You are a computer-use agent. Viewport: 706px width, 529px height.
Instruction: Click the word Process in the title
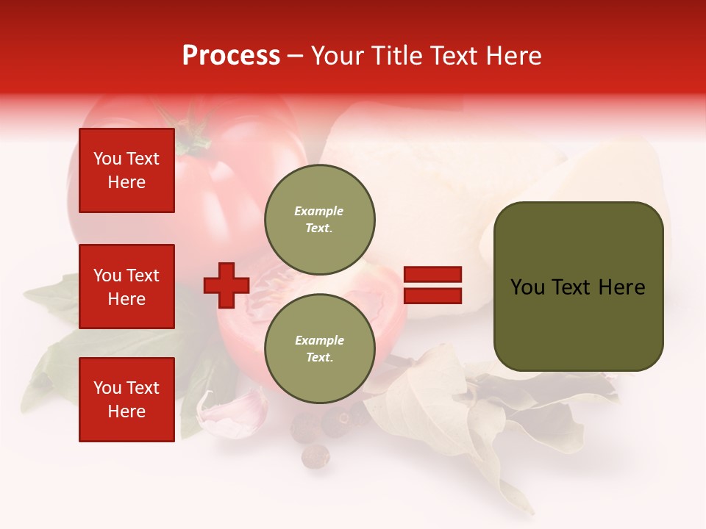coord(231,56)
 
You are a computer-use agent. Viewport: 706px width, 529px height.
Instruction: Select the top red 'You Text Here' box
coord(126,170)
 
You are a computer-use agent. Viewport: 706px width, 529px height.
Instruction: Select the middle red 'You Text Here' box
coord(126,287)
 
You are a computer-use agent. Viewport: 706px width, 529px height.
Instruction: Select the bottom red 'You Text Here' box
coord(126,400)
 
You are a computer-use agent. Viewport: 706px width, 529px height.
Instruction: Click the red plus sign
coord(227,286)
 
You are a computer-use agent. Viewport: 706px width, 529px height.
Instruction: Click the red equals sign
coord(432,286)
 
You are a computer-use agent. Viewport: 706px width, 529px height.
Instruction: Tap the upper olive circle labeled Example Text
coord(319,220)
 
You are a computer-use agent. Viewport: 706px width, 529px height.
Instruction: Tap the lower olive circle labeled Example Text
coord(319,349)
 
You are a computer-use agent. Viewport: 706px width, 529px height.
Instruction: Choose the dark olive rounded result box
coord(578,286)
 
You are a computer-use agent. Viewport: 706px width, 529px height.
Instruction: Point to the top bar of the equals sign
coord(432,275)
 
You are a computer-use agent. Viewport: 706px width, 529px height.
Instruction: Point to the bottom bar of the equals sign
coord(432,296)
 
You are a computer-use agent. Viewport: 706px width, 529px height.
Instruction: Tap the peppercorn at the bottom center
coord(316,456)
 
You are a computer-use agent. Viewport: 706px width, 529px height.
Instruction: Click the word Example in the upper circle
coord(319,211)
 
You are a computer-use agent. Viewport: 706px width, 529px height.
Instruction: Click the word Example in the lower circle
coord(319,340)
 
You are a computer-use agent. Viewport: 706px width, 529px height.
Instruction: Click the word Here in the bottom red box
coord(126,411)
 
